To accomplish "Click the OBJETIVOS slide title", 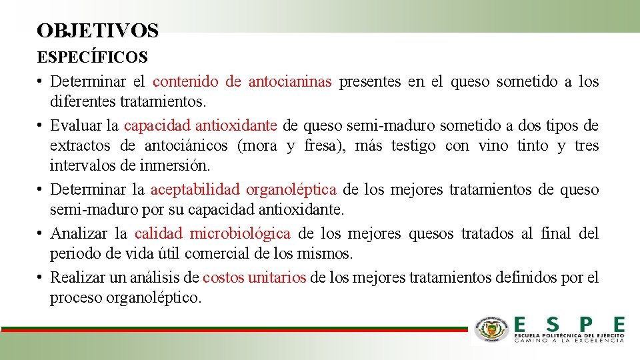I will pos(98,31).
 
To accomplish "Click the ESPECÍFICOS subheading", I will pos(93,57).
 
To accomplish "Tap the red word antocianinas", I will pos(290,82).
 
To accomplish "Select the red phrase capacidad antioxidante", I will pos(201,125).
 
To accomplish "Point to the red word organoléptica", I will pos(291,190).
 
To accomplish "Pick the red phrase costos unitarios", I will pos(254,277).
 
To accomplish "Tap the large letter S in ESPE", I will pos(553,325).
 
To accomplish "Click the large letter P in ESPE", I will pos(585,325).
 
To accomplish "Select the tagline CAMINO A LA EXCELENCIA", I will pos(569,339).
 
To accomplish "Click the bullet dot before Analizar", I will pos(41,233).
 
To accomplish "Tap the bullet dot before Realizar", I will pos(41,277).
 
